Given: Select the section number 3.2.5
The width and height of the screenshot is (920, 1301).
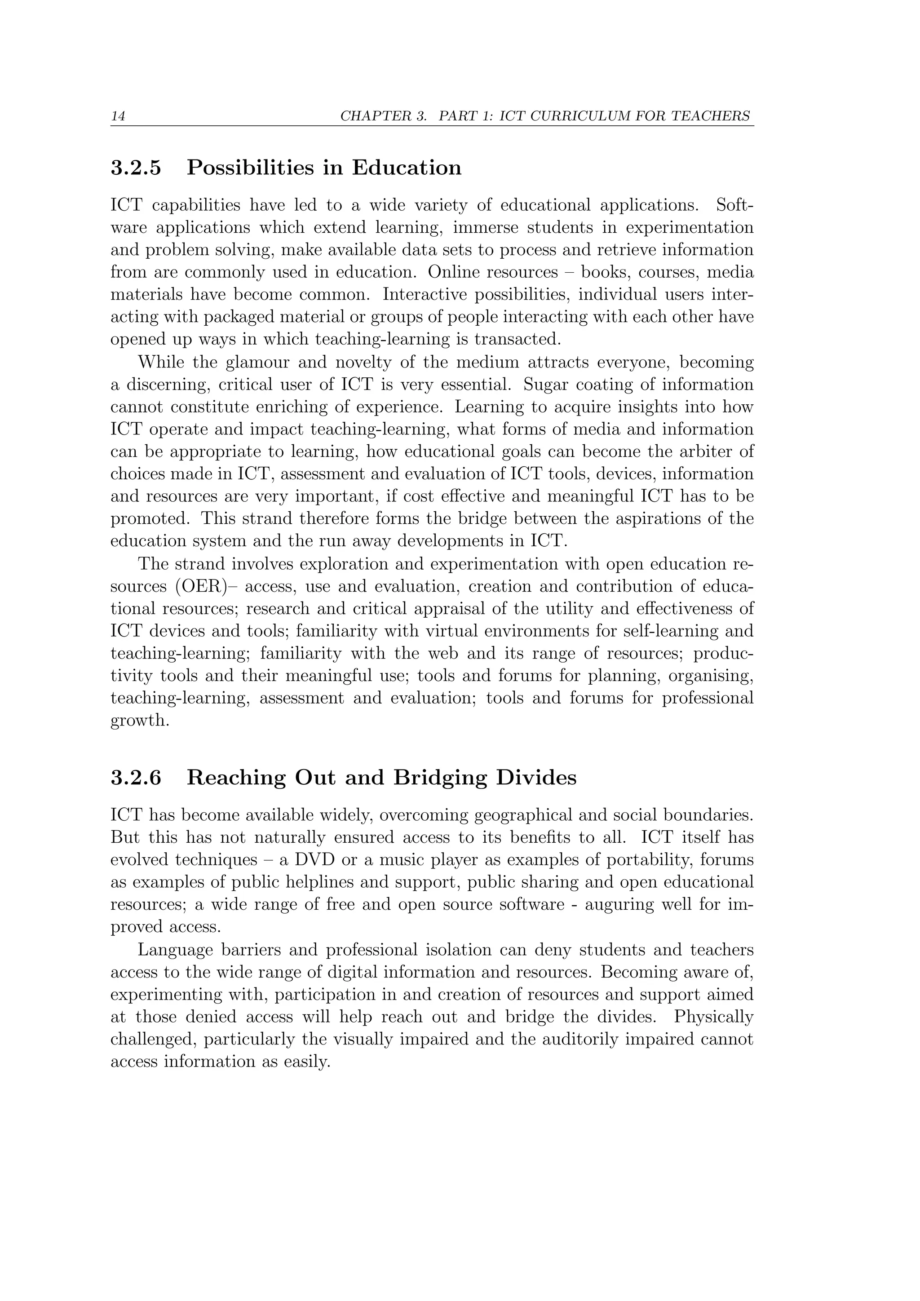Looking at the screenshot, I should coord(136,168).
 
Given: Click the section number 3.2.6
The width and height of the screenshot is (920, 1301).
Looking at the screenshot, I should coord(136,778).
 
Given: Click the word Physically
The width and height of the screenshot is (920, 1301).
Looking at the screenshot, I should coord(713,1017).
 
